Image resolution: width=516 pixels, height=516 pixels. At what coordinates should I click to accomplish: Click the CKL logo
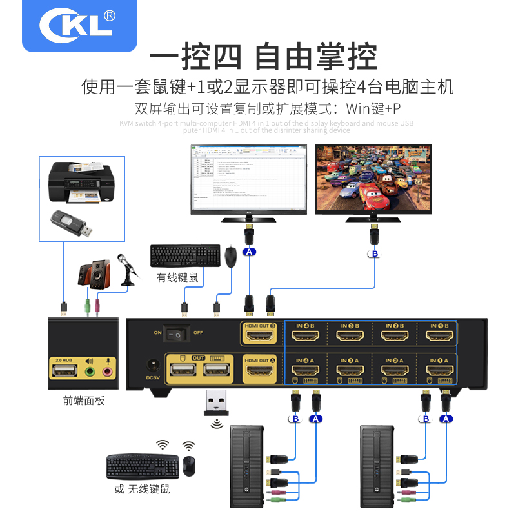(x=77, y=25)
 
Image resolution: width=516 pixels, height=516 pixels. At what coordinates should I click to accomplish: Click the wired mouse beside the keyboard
(x=230, y=257)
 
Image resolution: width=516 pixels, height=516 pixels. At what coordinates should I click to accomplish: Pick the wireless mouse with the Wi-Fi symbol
(x=188, y=466)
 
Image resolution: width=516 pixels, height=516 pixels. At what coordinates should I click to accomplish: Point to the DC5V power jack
(x=153, y=365)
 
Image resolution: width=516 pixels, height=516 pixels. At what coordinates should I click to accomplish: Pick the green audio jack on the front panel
(x=90, y=373)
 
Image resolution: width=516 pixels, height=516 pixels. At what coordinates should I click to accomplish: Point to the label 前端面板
(x=84, y=401)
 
